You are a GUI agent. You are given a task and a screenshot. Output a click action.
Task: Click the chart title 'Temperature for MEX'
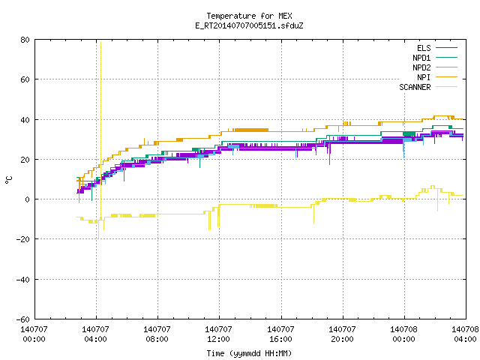249,16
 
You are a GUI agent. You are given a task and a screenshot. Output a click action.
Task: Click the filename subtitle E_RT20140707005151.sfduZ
249,25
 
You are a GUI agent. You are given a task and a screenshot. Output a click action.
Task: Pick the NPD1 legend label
421,58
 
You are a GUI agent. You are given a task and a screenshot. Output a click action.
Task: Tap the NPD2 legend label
421,67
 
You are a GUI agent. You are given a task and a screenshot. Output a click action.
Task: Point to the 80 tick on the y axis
25,40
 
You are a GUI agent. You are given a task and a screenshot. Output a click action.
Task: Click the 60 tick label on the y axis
25,79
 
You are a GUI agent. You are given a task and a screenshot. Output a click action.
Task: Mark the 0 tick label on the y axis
27,199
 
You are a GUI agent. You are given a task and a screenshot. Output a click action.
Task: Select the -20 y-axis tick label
23,239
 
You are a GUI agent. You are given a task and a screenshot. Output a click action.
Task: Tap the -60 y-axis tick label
23,319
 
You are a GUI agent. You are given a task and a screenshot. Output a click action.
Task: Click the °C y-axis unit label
8,180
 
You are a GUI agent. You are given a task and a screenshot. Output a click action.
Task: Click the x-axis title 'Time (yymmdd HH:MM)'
249,353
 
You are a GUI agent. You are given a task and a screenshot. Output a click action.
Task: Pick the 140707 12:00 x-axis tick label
218,334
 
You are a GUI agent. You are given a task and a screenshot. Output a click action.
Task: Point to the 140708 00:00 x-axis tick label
403,334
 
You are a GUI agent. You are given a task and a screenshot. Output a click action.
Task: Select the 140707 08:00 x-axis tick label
157,334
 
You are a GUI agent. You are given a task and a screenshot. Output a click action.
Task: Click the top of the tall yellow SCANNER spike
100,42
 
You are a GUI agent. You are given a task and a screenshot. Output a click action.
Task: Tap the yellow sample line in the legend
447,87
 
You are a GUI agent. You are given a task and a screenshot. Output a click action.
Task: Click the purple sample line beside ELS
447,48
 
